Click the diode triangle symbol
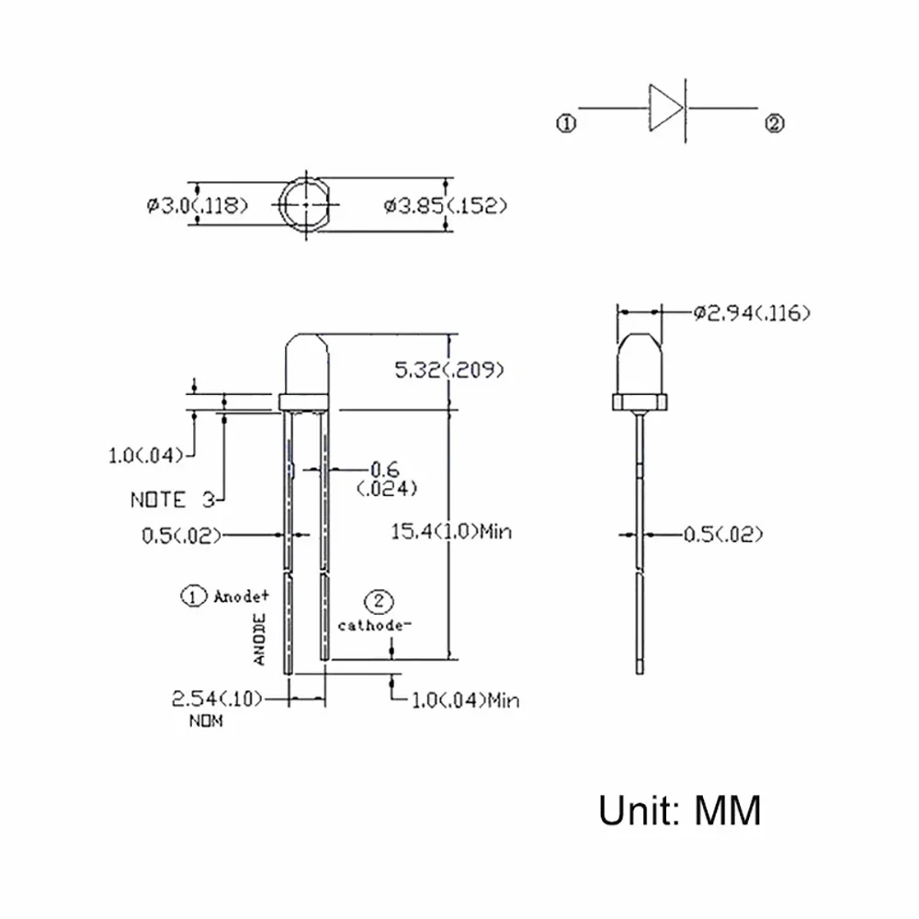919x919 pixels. click(664, 108)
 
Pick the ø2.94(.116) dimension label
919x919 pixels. click(751, 314)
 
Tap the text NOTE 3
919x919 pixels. click(172, 500)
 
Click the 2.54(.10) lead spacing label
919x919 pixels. click(217, 699)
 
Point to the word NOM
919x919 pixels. click(205, 722)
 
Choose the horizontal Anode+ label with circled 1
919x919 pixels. click(225, 596)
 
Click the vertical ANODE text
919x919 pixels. click(260, 640)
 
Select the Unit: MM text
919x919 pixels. click(680, 811)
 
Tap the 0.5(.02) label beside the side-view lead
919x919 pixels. click(722, 533)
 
